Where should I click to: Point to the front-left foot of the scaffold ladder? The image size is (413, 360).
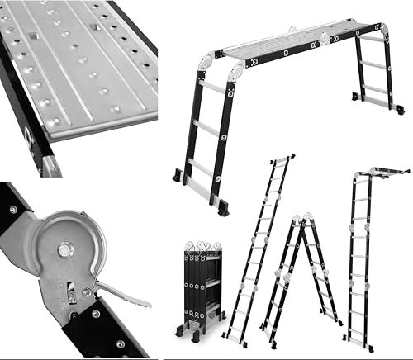(179, 177)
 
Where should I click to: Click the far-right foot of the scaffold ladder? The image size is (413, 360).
(398, 108)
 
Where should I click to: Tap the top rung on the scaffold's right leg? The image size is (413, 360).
(373, 40)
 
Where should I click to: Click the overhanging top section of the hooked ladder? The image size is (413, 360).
(383, 172)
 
